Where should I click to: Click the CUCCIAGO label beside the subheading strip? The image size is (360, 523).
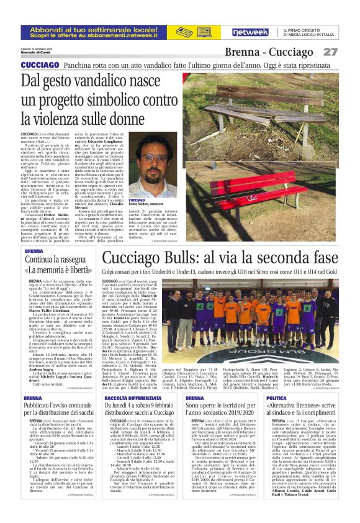point(40,65)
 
